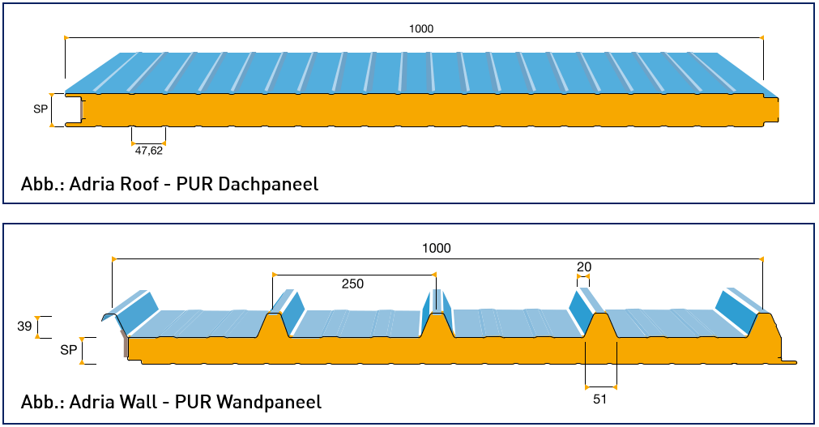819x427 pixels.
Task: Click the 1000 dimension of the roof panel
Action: click(421, 29)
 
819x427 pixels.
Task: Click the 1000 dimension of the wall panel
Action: click(436, 249)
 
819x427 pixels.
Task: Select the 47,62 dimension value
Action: click(149, 149)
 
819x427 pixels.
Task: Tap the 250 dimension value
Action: click(352, 284)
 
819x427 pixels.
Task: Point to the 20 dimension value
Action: click(583, 266)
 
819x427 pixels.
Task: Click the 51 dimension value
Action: click(599, 398)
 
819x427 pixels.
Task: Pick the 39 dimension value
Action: click(24, 327)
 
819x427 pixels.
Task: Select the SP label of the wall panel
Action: click(69, 350)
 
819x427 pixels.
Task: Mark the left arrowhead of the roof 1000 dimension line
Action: click(65, 37)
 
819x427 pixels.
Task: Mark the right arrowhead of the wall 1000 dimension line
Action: click(762, 258)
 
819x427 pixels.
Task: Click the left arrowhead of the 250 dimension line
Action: click(273, 274)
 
